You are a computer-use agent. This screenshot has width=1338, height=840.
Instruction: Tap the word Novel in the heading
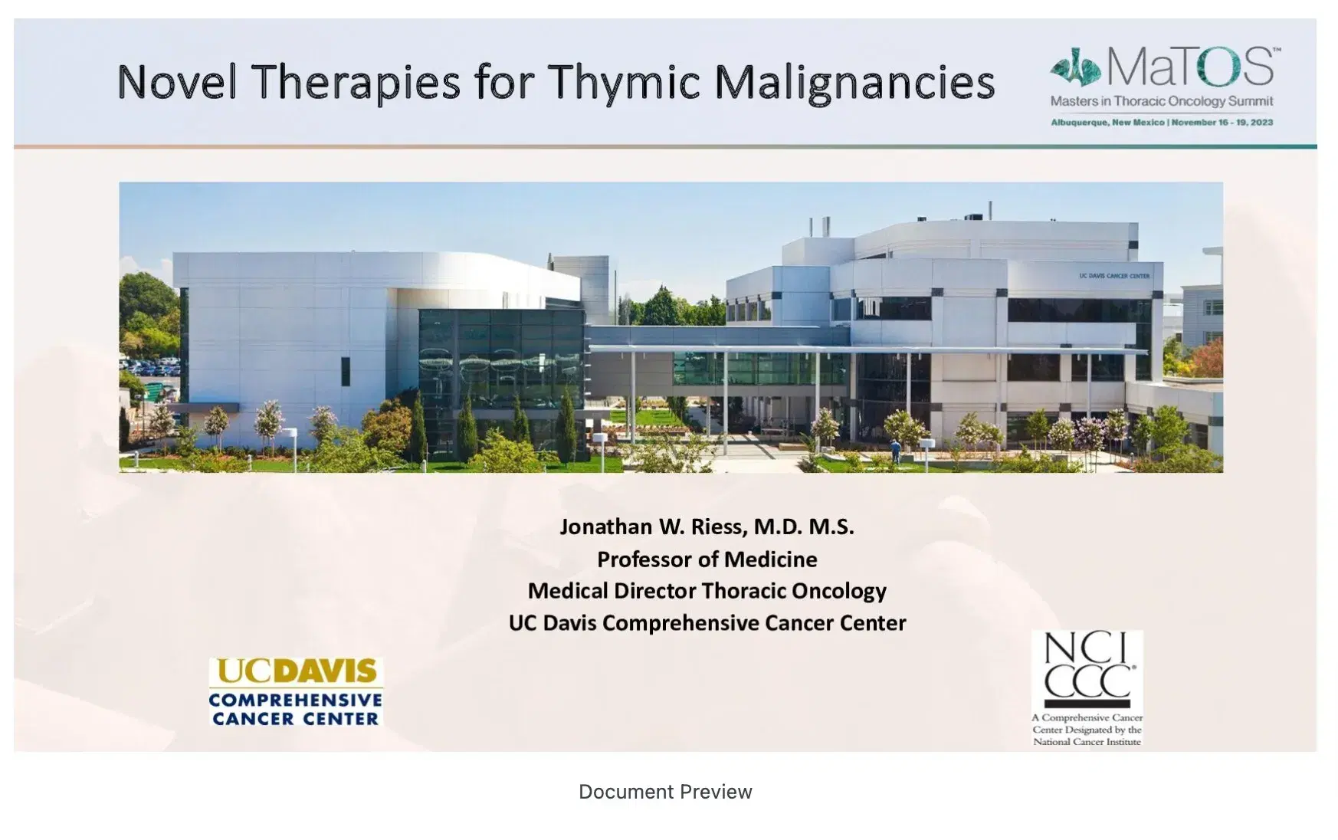(176, 82)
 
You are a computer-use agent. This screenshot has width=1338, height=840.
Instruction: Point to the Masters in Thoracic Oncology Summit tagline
(1161, 101)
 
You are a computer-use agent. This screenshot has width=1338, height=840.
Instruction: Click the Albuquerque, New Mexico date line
(1161, 123)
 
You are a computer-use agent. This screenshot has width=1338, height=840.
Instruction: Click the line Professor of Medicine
(707, 559)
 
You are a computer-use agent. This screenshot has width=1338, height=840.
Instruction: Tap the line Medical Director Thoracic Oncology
(707, 591)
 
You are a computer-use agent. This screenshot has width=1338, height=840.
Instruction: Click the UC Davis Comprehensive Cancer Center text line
(707, 623)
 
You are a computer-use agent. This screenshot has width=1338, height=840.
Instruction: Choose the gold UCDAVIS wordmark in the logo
(297, 671)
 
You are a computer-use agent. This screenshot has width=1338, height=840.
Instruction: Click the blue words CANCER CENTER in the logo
(296, 719)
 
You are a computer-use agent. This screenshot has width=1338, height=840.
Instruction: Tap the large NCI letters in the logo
(1087, 648)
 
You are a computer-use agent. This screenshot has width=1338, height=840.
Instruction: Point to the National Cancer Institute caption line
(1087, 742)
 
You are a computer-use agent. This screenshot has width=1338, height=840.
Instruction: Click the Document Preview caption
(665, 792)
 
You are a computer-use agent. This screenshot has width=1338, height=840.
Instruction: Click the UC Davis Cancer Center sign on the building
(1113, 276)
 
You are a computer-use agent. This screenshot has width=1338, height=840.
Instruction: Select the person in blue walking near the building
(895, 451)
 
